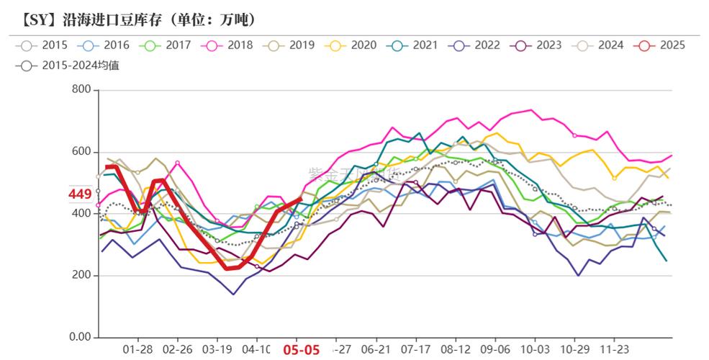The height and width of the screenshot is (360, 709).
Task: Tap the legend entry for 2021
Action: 415,45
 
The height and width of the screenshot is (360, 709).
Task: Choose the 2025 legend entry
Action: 662,45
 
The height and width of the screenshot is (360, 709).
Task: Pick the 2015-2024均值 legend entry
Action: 69,66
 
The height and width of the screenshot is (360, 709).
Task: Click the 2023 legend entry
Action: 538,45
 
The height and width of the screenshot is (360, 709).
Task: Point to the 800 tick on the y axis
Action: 81,90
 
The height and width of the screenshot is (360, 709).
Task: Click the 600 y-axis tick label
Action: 81,152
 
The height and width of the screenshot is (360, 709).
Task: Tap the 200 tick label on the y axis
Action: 81,276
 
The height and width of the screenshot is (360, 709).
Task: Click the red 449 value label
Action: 79,194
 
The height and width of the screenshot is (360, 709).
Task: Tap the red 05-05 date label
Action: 301,350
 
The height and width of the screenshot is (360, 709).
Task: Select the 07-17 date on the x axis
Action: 415,349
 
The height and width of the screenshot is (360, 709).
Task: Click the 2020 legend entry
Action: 353,45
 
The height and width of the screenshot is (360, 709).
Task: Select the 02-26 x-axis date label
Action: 177,349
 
